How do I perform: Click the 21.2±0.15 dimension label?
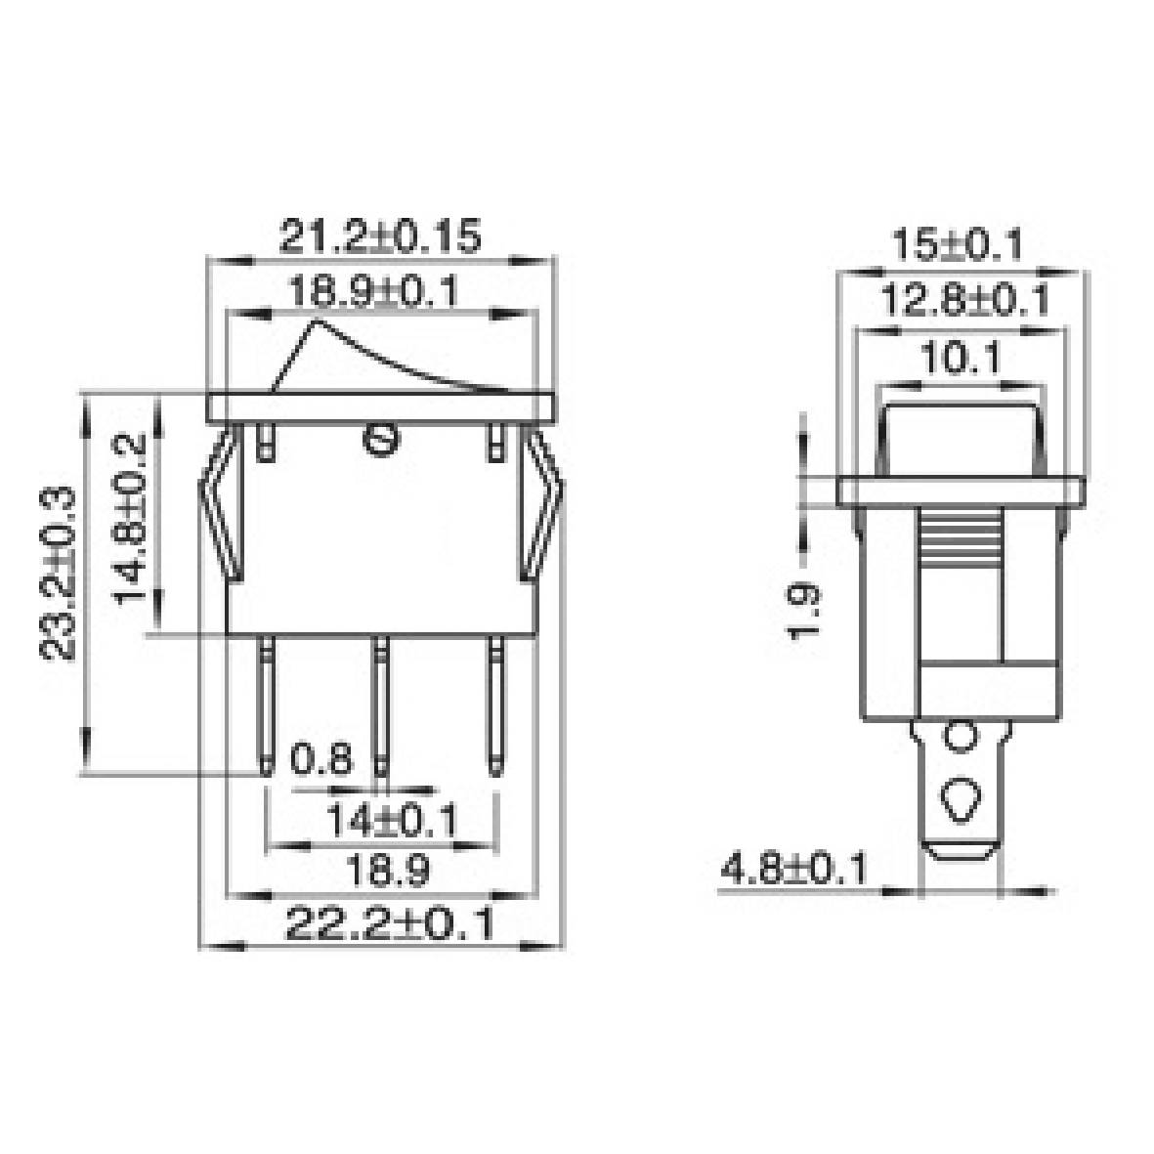pos(380,237)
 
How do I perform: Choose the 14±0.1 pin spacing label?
pos(391,822)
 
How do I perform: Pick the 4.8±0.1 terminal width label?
pos(792,868)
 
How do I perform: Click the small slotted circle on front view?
pos(380,441)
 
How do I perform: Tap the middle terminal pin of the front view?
pos(380,708)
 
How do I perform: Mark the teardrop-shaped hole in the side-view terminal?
pos(962,800)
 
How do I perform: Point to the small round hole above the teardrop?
pos(962,735)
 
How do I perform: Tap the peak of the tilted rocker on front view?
pos(316,321)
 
